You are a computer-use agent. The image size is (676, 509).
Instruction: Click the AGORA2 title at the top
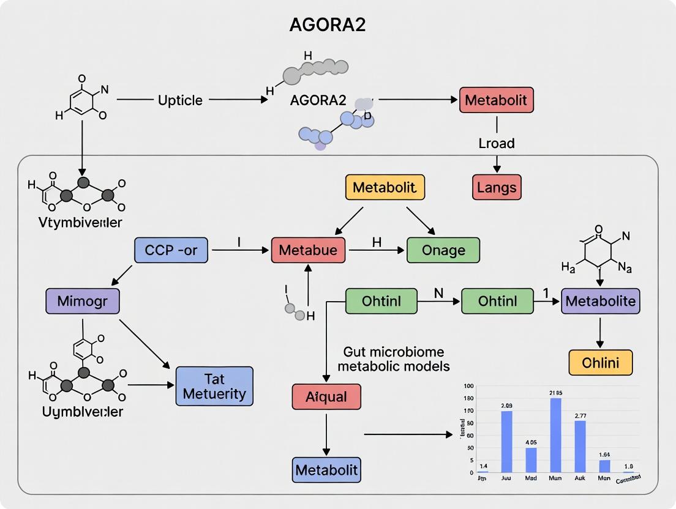(x=328, y=25)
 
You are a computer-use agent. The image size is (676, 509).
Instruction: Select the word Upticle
(x=180, y=100)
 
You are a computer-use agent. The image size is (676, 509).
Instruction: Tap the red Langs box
(x=497, y=187)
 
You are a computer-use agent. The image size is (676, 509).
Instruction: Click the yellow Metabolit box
(x=385, y=187)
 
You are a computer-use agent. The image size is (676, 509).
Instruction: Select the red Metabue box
(x=308, y=250)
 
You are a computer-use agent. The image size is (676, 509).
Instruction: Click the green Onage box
(x=443, y=250)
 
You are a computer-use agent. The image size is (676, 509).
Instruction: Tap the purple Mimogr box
(x=83, y=302)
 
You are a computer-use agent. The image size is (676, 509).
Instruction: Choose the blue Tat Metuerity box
(x=214, y=386)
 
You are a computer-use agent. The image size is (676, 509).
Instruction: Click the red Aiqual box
(x=326, y=396)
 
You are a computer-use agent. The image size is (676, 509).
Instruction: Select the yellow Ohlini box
(x=600, y=362)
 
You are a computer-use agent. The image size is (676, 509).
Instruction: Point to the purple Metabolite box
(x=600, y=301)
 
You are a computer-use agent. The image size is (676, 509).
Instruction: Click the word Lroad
(x=496, y=143)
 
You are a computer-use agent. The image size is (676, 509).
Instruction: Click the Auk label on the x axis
(x=580, y=478)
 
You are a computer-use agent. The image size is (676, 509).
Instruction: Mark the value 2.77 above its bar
(x=580, y=415)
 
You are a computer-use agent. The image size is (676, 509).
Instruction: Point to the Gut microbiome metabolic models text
(x=394, y=359)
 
